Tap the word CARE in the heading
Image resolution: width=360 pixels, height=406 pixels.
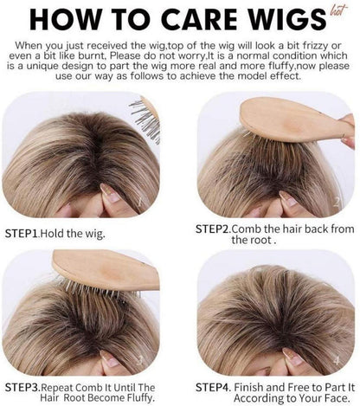(201, 19)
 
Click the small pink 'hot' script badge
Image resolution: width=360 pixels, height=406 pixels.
(337, 11)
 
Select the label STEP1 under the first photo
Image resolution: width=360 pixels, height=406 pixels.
(22, 233)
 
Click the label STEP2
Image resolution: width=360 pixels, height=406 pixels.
(213, 229)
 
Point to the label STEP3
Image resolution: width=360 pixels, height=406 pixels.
(22, 387)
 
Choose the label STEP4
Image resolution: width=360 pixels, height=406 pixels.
(213, 387)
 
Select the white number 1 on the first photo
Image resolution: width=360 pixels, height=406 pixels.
(140, 201)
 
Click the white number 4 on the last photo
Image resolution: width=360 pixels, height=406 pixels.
(337, 360)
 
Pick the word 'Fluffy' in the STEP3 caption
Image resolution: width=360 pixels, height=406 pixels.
(140, 398)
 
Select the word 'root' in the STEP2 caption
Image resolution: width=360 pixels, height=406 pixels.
(261, 240)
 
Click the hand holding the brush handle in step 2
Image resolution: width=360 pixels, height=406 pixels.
(349, 132)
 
